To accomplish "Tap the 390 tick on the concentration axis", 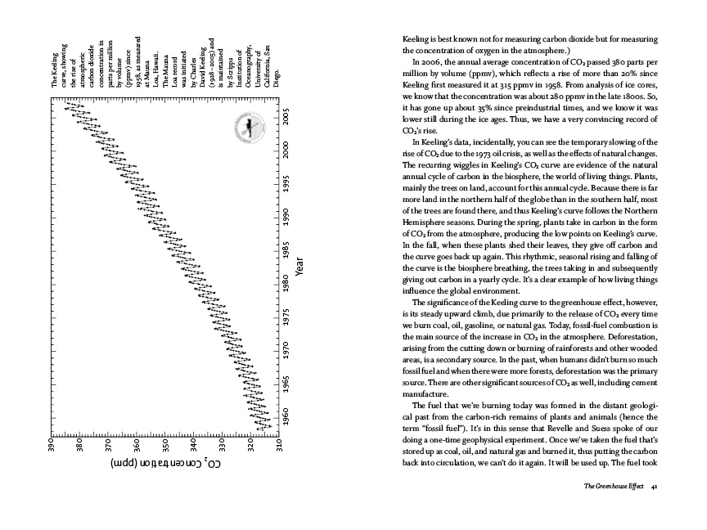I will point(51,450).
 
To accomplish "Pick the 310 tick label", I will point(279,450).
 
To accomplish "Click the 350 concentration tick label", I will point(165,450).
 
